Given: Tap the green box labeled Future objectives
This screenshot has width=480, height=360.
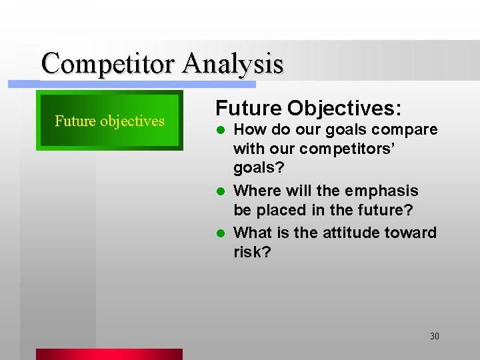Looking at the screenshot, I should coord(109,121).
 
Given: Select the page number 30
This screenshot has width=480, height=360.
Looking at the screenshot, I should coord(434,336).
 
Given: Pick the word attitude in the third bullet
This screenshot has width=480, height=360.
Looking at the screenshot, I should coord(347,233).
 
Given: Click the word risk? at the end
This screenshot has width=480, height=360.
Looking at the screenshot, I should coord(252,253).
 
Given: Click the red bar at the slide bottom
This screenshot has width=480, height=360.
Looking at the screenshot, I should coord(109,354).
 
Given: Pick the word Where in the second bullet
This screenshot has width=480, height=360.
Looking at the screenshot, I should coord(258,191).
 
